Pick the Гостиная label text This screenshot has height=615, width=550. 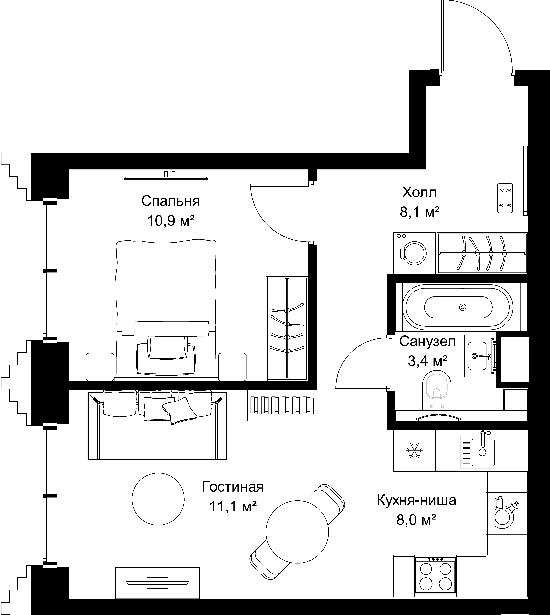click(x=233, y=487)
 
